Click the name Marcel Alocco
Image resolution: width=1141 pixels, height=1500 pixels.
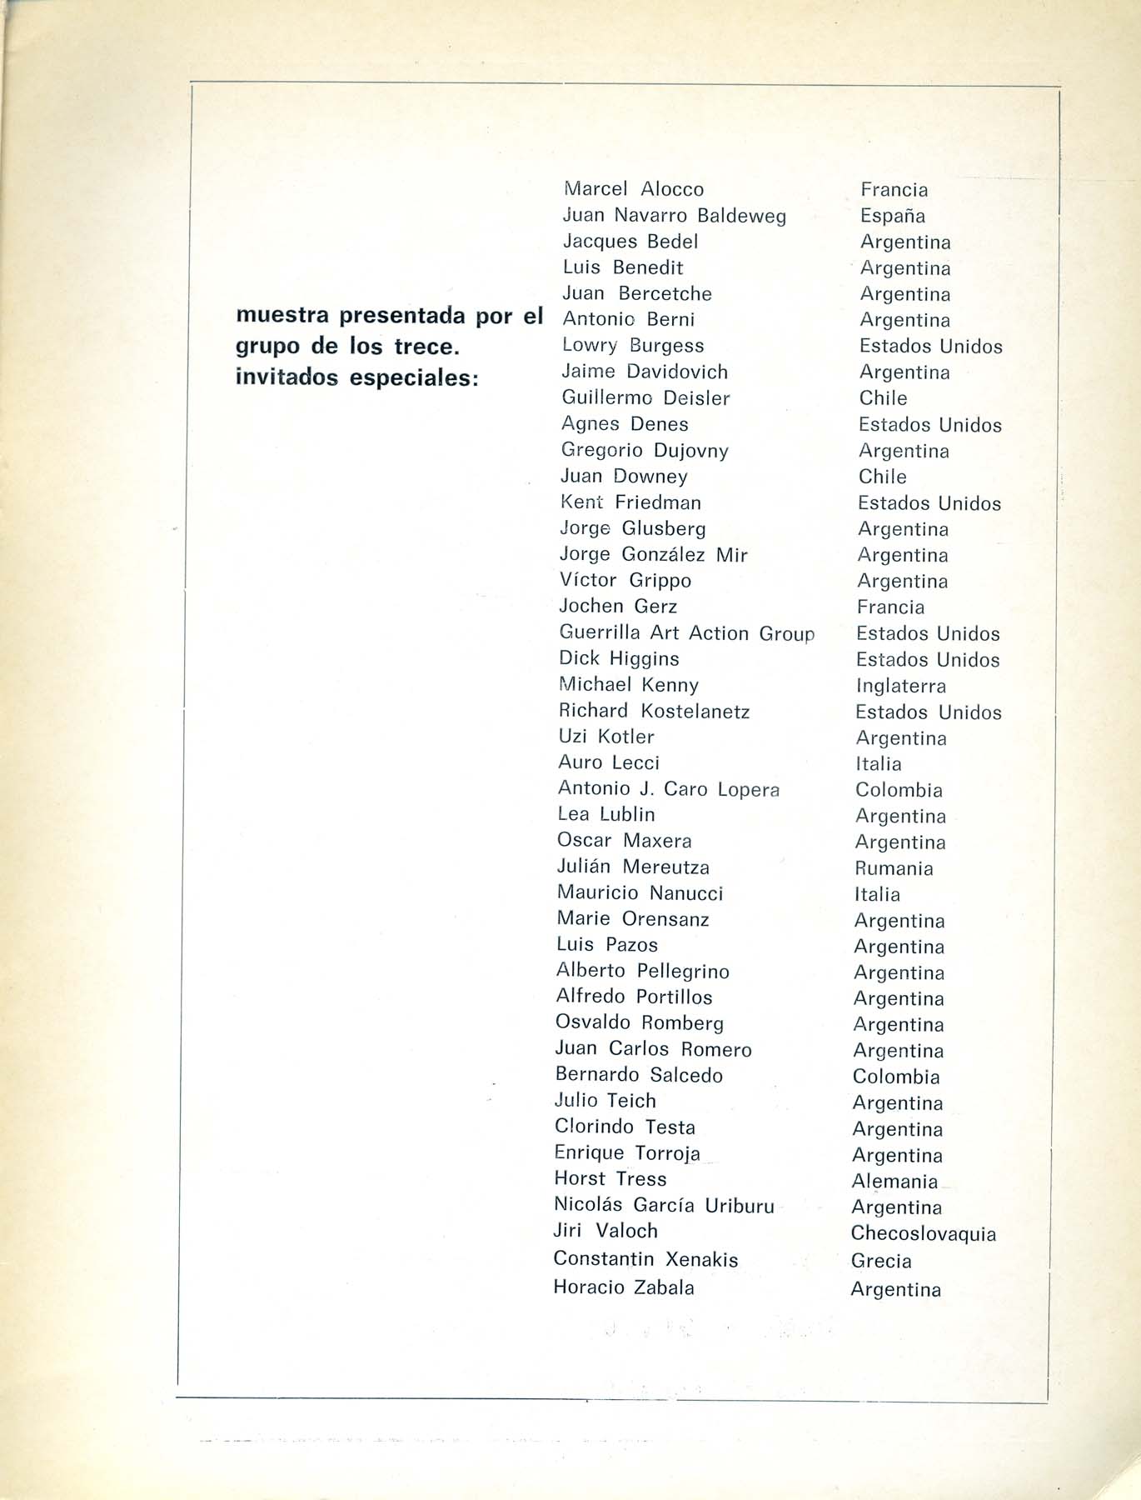click(633, 189)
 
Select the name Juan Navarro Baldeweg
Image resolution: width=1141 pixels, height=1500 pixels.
click(674, 216)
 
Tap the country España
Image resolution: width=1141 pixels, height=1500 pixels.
click(892, 216)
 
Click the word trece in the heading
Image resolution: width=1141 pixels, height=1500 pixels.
click(427, 346)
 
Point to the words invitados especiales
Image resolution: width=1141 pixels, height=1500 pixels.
click(358, 377)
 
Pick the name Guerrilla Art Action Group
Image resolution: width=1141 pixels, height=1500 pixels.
click(686, 633)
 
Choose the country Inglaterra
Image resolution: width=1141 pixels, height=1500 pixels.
click(900, 686)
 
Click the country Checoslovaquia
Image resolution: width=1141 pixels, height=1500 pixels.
click(923, 1233)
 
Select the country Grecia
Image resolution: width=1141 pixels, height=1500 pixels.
click(881, 1261)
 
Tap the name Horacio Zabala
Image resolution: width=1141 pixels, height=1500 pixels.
click(623, 1287)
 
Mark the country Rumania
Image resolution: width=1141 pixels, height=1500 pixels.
click(894, 868)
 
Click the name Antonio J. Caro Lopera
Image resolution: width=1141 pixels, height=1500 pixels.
click(668, 788)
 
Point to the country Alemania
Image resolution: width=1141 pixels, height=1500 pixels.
click(894, 1181)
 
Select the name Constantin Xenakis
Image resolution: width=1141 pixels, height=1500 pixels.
click(645, 1259)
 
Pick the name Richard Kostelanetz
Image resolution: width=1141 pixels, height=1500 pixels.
click(654, 711)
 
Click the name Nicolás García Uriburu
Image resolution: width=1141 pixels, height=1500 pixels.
click(664, 1205)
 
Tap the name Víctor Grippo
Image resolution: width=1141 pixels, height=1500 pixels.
click(625, 580)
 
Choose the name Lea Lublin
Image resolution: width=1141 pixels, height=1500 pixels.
click(605, 814)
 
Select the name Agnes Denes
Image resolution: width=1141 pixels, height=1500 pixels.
click(625, 424)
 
